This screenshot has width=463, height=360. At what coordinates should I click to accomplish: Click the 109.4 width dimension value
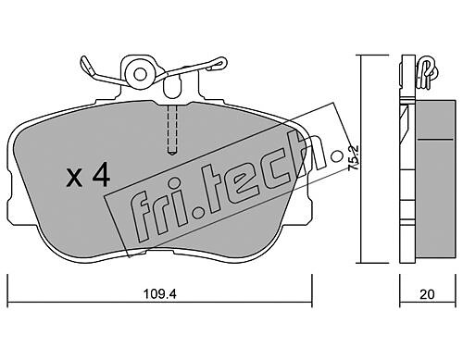pyautogui.click(x=160, y=294)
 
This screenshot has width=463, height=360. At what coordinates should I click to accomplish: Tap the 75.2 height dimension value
pyautogui.click(x=353, y=157)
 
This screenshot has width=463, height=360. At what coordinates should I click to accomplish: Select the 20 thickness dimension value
pyautogui.click(x=427, y=294)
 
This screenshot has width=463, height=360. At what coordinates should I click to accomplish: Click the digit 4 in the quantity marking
pyautogui.click(x=101, y=175)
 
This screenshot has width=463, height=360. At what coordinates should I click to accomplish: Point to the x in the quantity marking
pyautogui.click(x=74, y=180)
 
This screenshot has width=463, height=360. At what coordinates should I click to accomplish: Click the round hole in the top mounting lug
pyautogui.click(x=141, y=74)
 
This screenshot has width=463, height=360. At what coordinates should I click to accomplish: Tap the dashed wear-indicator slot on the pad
pyautogui.click(x=172, y=130)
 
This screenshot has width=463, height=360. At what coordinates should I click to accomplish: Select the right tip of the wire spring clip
pyautogui.click(x=223, y=63)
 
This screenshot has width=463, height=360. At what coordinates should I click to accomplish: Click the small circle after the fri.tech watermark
pyautogui.click(x=337, y=156)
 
